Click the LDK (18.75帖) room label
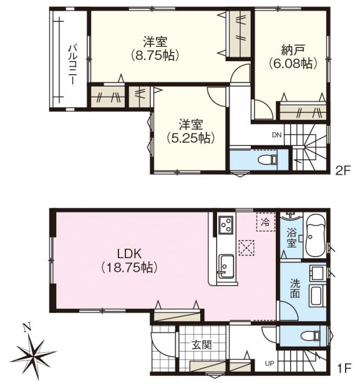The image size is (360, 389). point(129,261)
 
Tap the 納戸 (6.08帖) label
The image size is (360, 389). point(293,57)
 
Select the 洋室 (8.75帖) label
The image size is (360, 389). point(155,49)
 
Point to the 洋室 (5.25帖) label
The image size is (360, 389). point(191,132)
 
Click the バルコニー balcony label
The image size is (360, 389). point(72,64)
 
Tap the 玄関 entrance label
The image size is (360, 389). point(202,345)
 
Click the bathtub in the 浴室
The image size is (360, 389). point(315,236)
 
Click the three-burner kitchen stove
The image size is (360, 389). point(226,224)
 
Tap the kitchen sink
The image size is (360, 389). point(225,267)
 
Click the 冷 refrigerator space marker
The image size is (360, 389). point(265,222)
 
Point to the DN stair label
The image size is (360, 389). point(277,135)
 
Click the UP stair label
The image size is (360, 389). point(270,364)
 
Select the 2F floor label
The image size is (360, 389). point(343,171)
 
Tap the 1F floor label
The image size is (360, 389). point(344,368)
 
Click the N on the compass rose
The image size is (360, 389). point(27,328)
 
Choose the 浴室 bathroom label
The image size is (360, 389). point(291,238)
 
